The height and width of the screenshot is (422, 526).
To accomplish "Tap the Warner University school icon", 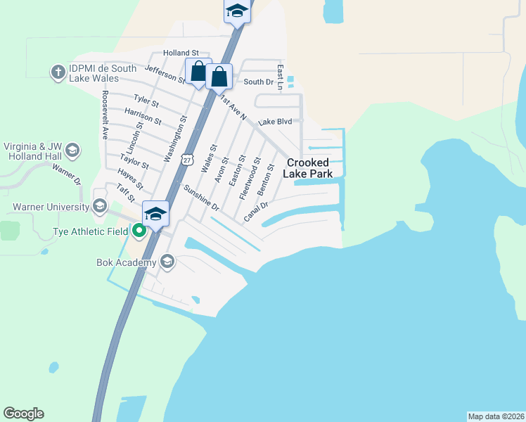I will point(100,207).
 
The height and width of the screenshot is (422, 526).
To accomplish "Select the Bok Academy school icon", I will point(167,262).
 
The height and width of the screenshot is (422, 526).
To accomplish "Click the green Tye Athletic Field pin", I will point(139,231).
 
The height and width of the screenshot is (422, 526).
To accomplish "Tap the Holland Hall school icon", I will point(72,150).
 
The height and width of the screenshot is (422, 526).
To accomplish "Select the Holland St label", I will point(181,53).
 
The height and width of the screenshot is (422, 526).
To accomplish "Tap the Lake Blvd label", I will point(275,122).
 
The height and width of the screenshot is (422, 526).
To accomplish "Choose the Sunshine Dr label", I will point(202,199).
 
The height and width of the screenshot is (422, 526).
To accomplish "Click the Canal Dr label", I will point(257,212).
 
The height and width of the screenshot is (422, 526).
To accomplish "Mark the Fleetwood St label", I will point(250,179).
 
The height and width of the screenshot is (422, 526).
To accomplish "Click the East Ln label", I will point(279,77).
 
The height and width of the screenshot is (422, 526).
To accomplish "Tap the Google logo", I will point(23,414).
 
